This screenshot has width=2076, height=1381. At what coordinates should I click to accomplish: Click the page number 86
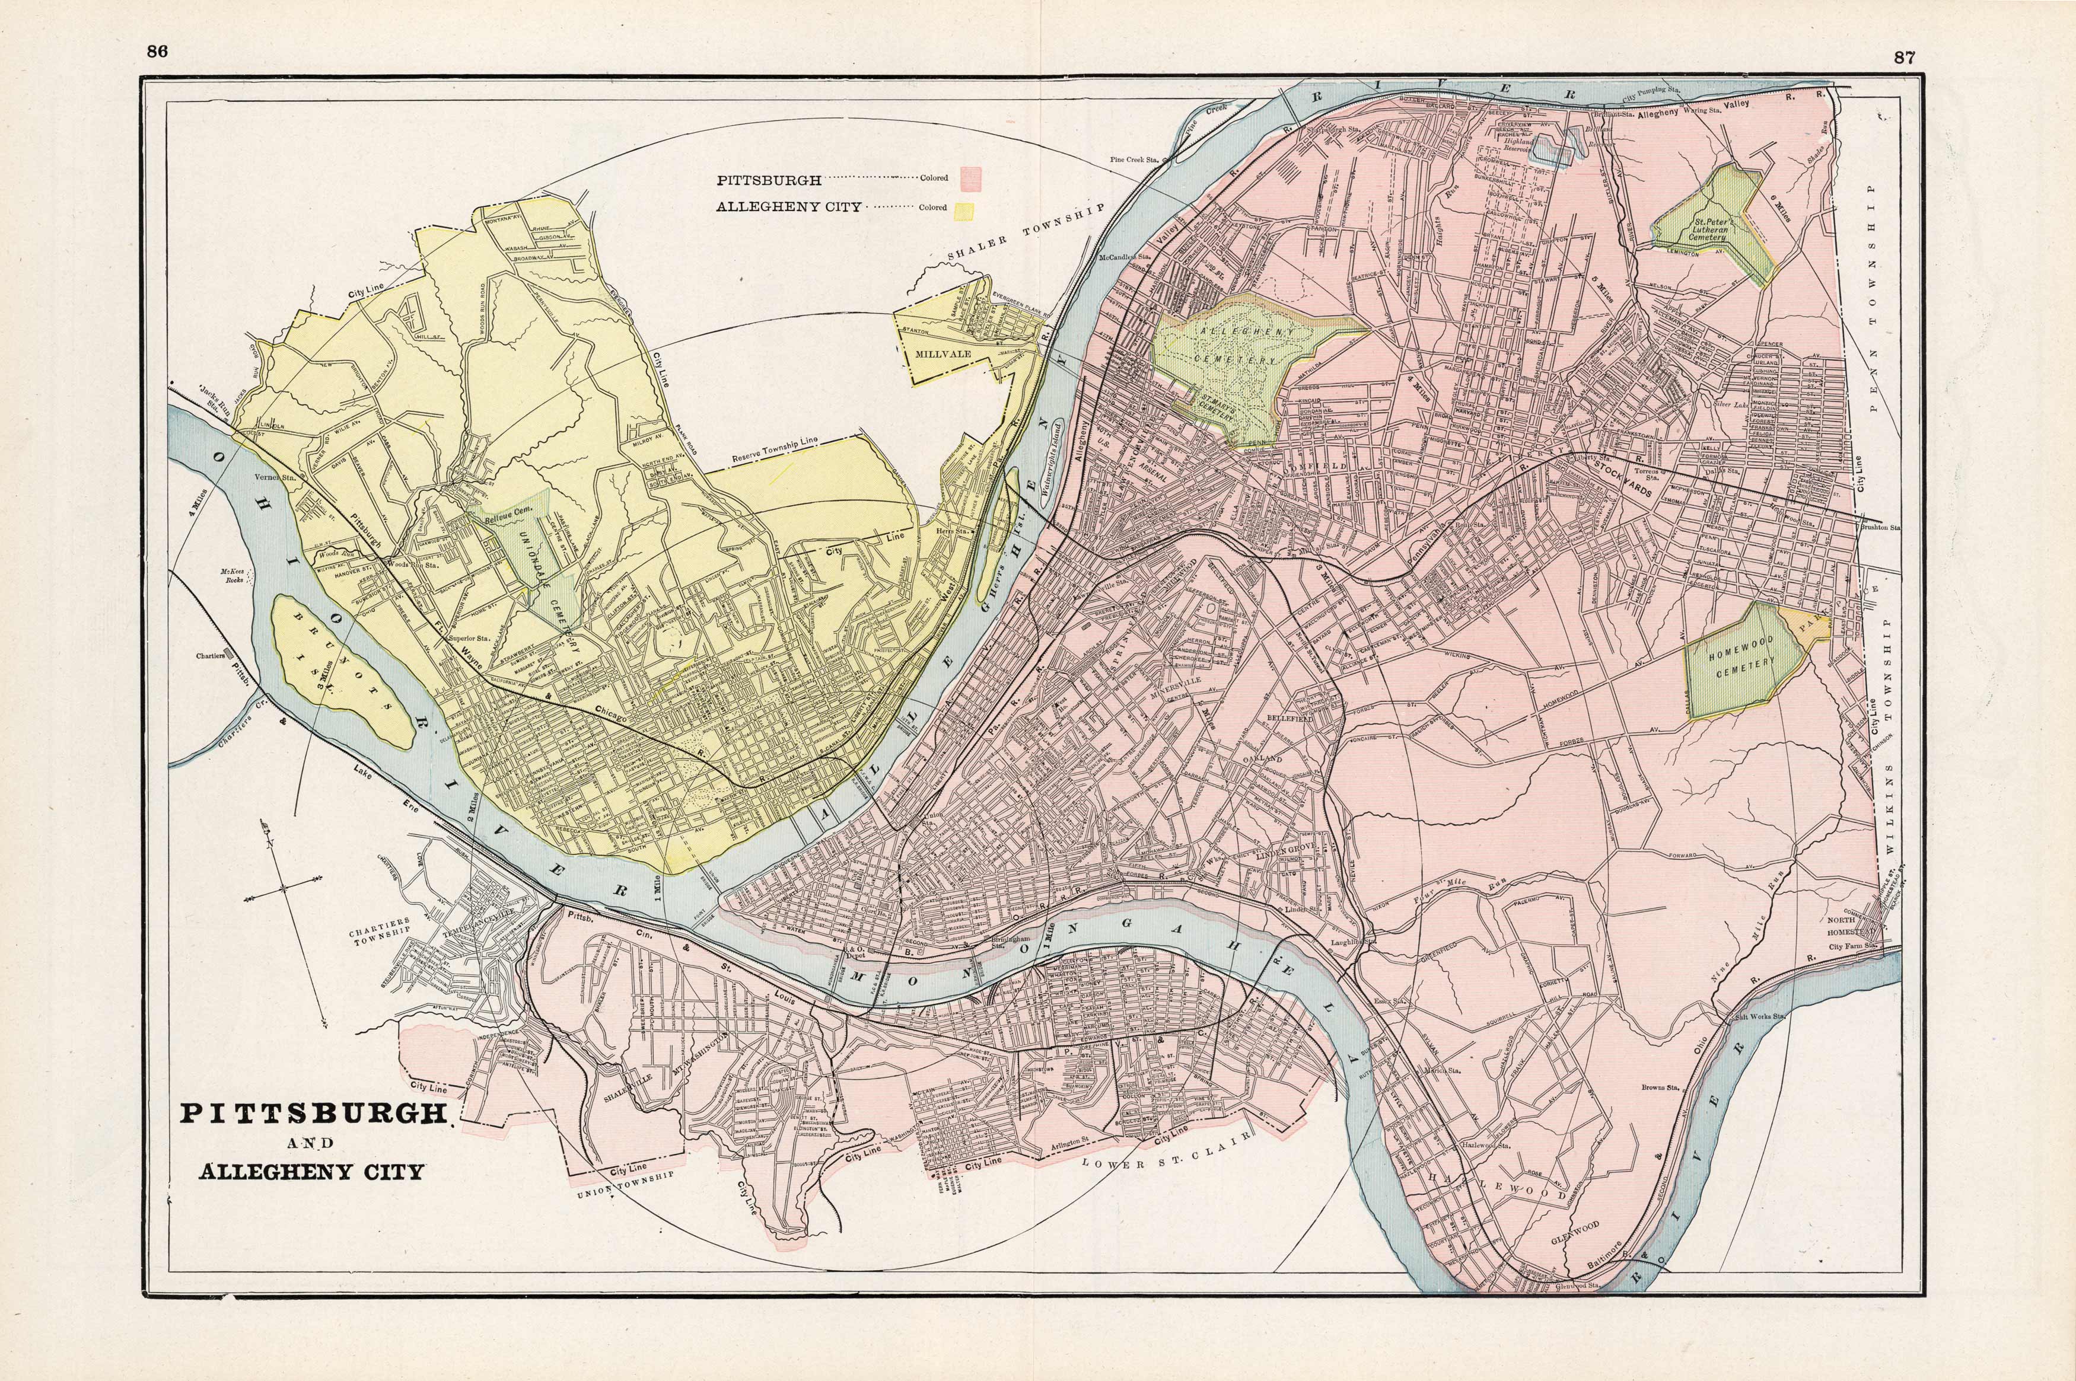click(158, 51)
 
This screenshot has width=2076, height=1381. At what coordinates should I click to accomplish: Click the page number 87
click(1904, 58)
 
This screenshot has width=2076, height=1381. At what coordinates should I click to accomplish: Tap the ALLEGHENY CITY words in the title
click(312, 1171)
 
